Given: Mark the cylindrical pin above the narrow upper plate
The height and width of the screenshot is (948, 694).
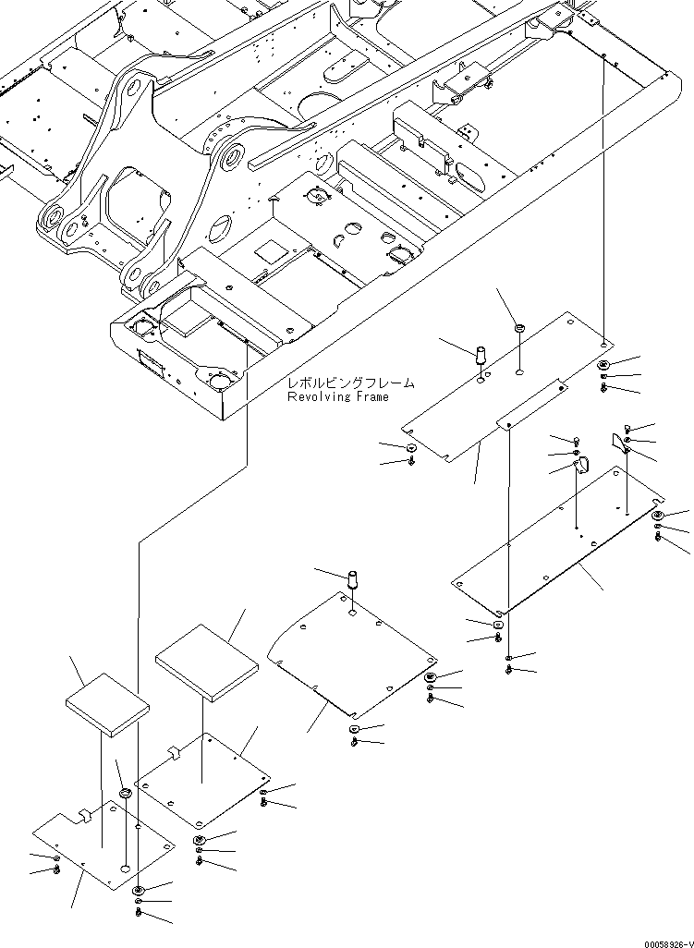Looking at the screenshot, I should click(481, 355).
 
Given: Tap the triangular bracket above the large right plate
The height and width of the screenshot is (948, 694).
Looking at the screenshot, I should click(620, 442).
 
